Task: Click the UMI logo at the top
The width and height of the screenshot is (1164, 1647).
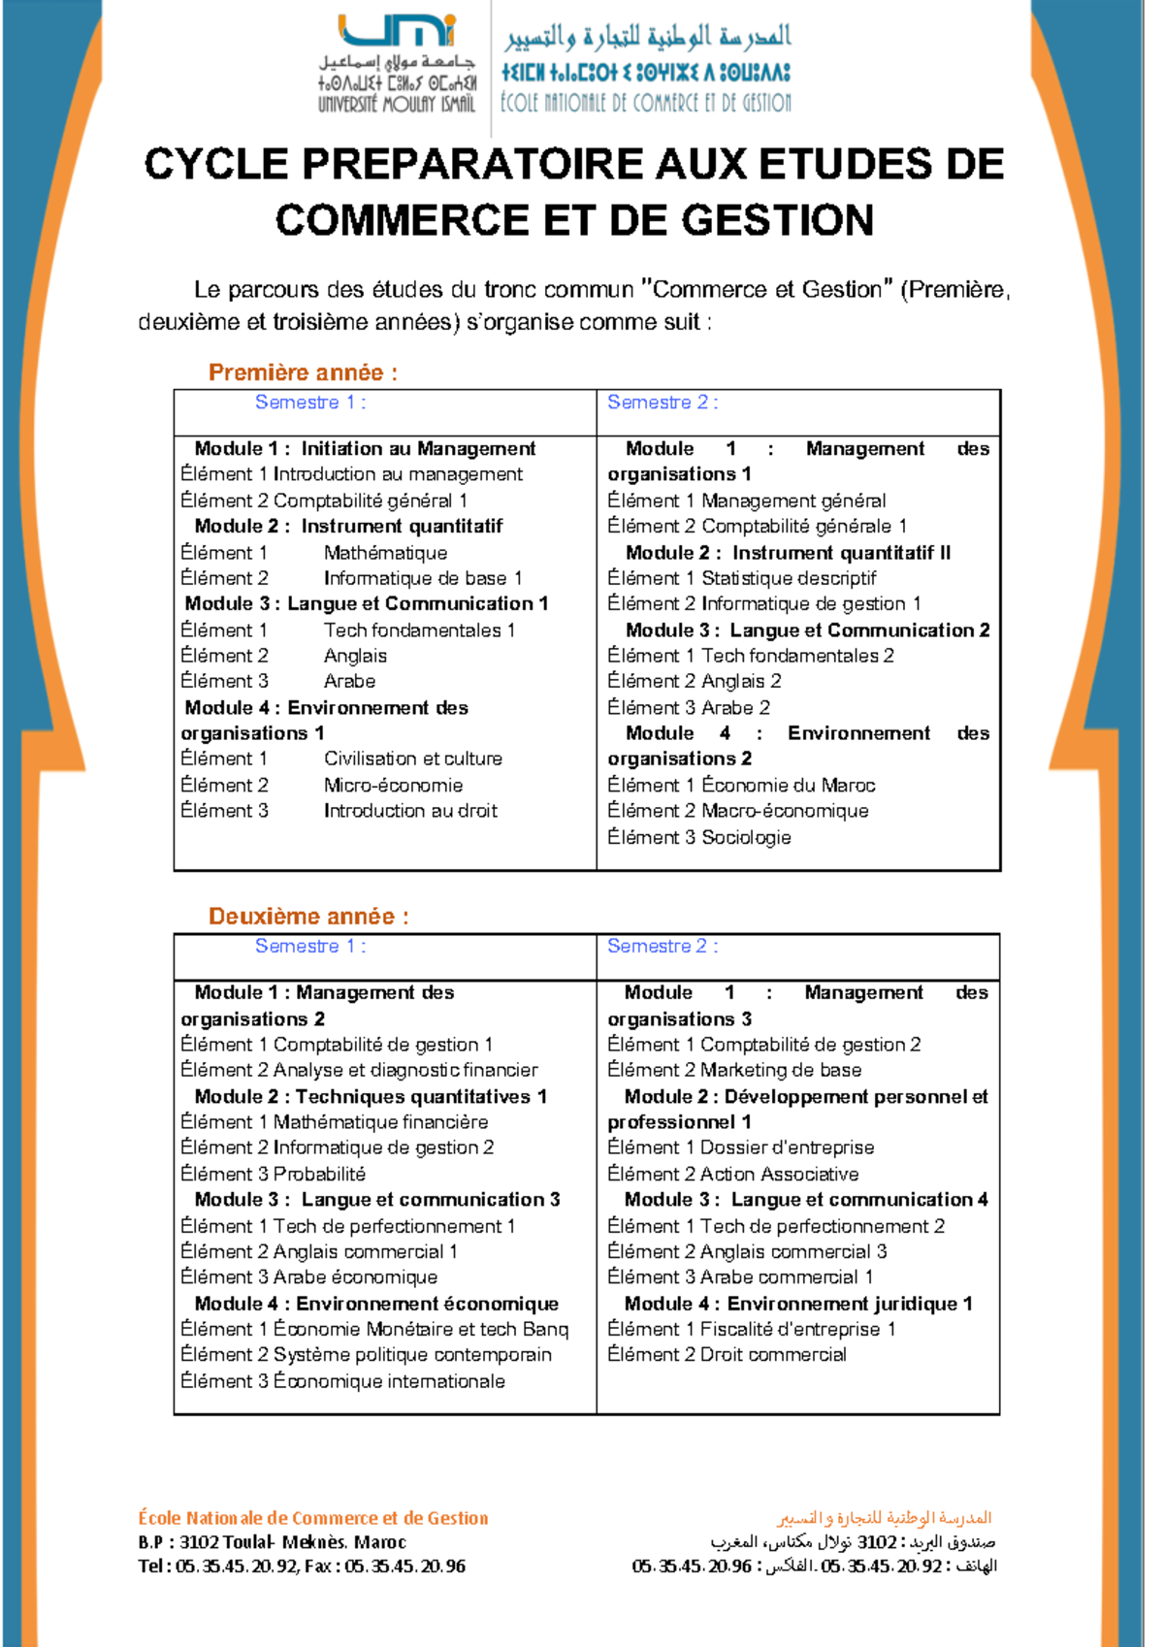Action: [398, 32]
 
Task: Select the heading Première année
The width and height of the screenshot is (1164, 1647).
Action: [303, 372]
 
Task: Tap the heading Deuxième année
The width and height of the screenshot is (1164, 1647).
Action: [308, 917]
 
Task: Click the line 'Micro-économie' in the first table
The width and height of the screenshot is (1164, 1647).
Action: [393, 785]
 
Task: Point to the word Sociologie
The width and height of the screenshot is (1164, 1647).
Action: [746, 837]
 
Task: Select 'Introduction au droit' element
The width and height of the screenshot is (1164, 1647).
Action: [410, 811]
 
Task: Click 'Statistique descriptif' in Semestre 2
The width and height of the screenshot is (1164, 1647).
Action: [789, 578]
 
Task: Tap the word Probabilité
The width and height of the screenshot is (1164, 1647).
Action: [319, 1174]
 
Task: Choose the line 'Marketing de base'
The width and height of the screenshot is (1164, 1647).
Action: [781, 1070]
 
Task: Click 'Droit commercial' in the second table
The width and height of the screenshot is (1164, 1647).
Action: [773, 1355]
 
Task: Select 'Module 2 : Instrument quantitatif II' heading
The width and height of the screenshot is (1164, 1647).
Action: [788, 553]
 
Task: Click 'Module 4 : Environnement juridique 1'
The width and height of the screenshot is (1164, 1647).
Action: [798, 1304]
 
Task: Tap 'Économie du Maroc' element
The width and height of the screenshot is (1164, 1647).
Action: [788, 785]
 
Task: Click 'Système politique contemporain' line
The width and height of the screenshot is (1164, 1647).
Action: [412, 1355]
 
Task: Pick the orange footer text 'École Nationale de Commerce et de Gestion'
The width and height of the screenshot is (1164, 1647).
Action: [313, 1518]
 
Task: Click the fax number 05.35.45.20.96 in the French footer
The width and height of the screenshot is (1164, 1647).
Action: [404, 1566]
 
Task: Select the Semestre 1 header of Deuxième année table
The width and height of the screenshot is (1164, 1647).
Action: [310, 946]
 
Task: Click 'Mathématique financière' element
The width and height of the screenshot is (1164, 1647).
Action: [380, 1122]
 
